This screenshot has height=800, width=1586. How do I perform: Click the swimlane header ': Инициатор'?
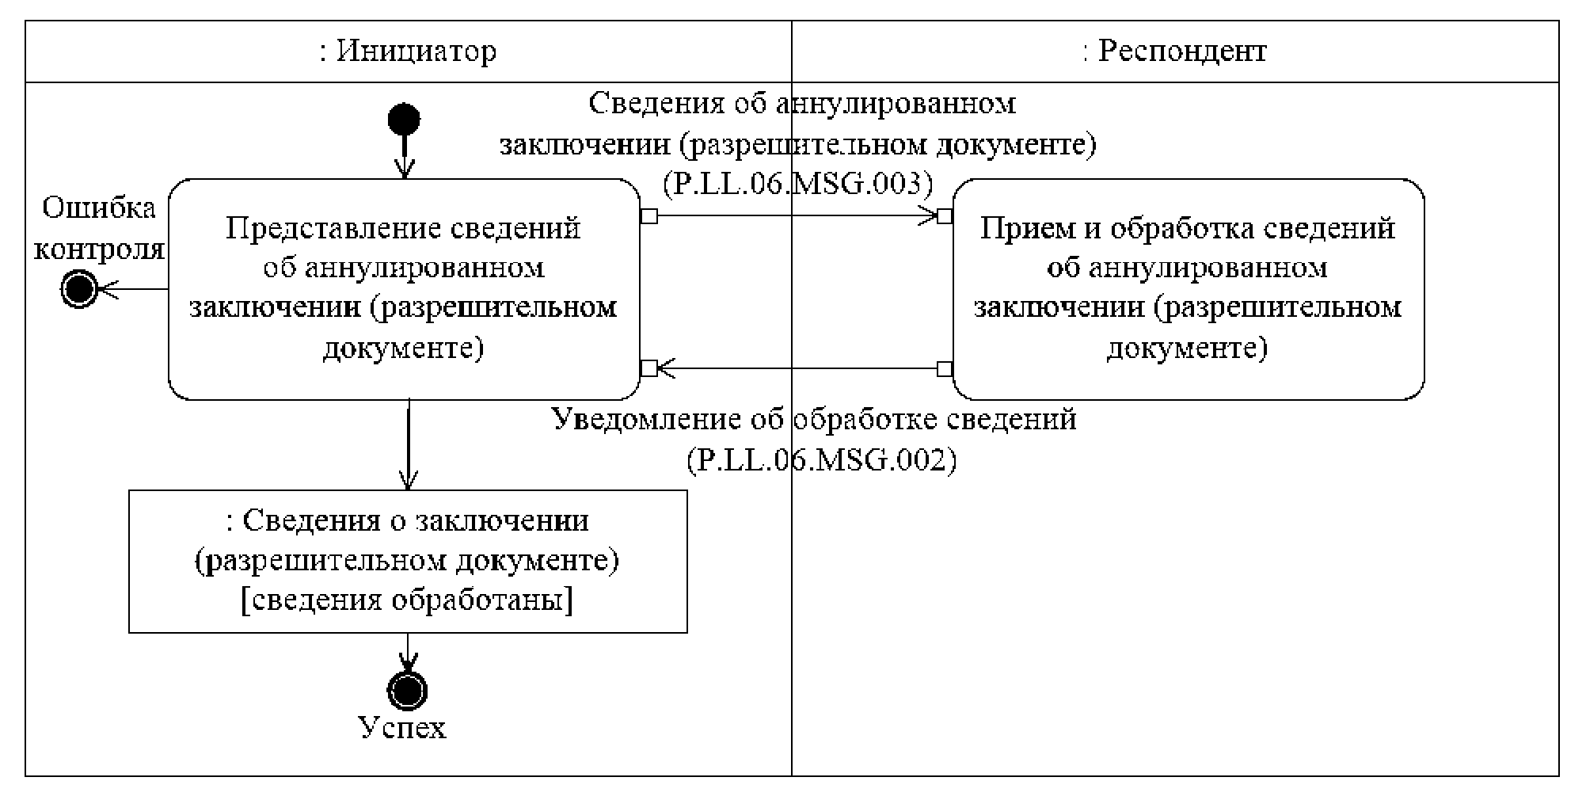409,51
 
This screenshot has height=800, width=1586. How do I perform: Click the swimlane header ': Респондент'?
1175,51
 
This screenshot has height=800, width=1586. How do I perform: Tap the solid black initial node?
404,120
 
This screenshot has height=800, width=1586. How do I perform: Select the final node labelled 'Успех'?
408,690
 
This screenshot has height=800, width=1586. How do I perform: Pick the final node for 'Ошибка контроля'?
79,289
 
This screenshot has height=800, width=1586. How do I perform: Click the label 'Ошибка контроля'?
99,229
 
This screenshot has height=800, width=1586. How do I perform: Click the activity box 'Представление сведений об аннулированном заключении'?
404,288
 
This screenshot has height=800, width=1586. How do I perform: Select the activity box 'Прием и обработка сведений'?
1188,288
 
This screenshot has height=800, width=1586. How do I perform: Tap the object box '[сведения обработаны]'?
408,561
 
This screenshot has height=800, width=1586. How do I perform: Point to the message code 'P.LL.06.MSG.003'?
798,184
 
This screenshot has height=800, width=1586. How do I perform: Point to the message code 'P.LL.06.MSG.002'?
821,459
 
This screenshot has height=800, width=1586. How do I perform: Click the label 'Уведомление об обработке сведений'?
814,419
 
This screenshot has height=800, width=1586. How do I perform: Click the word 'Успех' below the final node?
403,727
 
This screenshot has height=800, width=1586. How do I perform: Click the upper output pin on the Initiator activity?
648,215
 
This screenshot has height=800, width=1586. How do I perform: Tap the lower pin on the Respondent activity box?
944,368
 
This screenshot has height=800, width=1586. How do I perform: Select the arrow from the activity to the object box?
409,444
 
